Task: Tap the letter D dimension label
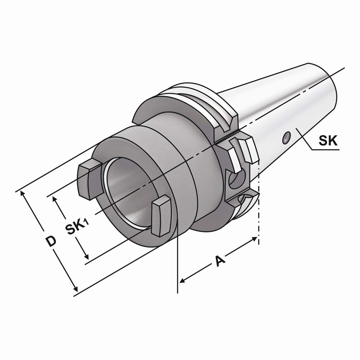pyautogui.click(x=51, y=241)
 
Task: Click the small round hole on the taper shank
pyautogui.click(x=286, y=138)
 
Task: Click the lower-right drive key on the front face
pyautogui.click(x=161, y=216)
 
